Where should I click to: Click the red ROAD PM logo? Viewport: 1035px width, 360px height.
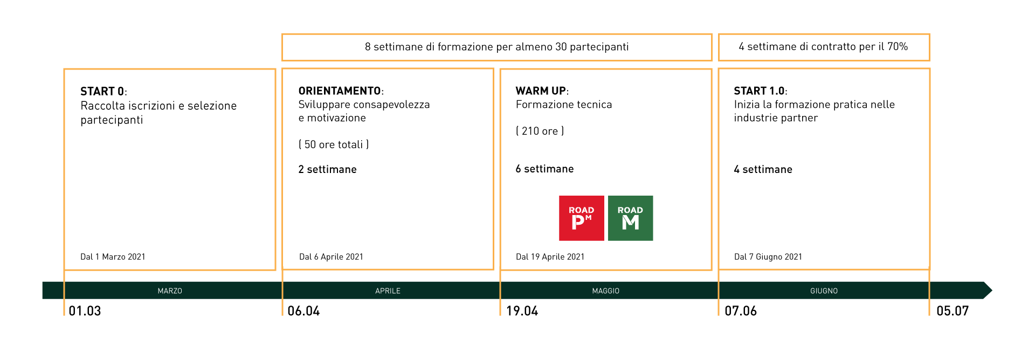[x=581, y=218]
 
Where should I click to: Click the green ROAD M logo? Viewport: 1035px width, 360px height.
[x=630, y=218]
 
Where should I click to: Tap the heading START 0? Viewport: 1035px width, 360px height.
[x=102, y=91]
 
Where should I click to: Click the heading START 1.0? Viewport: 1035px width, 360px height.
[x=760, y=91]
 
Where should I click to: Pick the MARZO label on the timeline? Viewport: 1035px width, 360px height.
[x=170, y=291]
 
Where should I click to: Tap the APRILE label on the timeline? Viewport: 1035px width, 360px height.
[x=388, y=291]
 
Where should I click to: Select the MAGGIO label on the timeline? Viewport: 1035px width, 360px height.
[x=606, y=291]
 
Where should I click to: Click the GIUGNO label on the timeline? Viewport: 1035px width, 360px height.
[x=824, y=291]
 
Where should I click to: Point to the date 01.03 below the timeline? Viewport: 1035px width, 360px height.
[x=85, y=311]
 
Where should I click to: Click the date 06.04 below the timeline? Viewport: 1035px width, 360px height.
[x=303, y=311]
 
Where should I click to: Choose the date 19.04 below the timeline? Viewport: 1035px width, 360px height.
[x=522, y=311]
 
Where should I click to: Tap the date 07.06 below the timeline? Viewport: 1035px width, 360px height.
[x=741, y=311]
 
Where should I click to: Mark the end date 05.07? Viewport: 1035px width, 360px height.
[x=953, y=311]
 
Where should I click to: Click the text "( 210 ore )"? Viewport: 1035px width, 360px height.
[x=540, y=131]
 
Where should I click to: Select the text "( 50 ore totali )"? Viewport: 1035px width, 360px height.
[x=334, y=144]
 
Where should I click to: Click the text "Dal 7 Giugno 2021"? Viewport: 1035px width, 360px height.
[x=768, y=257]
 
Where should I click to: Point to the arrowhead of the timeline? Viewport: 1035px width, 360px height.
[x=988, y=290]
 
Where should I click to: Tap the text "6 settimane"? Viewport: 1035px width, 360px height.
[x=544, y=169]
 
